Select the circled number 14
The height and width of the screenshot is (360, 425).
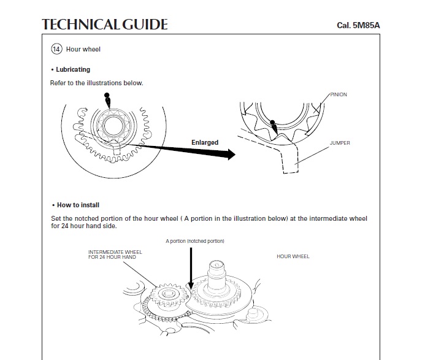pos(56,49)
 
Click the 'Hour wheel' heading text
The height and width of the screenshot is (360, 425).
pos(83,49)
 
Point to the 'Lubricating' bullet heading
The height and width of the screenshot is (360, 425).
pos(73,70)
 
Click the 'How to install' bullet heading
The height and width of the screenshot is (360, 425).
pos(78,205)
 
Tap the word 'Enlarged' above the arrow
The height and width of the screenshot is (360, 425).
pos(204,143)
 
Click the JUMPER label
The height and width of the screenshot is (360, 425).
pos(340,143)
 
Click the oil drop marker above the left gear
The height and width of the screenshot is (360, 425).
pos(107,99)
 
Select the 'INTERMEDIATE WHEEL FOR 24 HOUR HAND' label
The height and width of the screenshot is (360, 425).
pos(112,255)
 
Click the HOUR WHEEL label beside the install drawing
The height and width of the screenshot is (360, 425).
pos(293,256)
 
